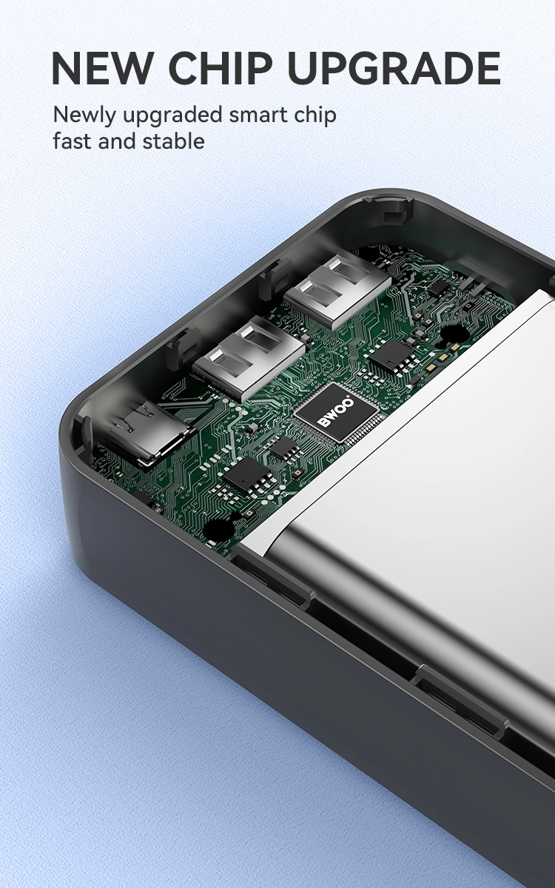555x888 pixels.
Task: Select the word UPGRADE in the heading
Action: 394,68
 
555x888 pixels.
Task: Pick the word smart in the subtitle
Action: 258,115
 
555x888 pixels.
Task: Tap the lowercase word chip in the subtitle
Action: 314,115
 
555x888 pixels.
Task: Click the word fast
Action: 73,141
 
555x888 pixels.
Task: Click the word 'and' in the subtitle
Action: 118,141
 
